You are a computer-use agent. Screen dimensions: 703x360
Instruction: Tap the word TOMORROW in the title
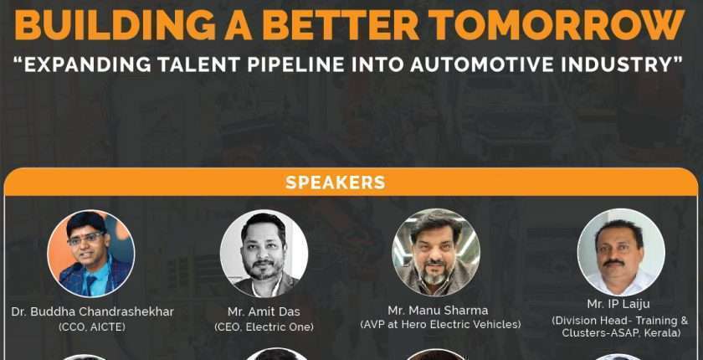569,24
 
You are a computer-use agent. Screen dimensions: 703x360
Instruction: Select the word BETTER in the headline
341,24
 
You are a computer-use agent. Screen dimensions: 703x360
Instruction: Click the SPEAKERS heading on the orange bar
336,183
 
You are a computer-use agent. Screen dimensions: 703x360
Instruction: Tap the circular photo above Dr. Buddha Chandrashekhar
91,254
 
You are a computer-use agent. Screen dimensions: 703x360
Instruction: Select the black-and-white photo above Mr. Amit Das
264,254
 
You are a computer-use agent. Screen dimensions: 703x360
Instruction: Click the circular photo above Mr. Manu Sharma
436,253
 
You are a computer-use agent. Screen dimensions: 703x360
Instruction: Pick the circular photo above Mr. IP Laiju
621,253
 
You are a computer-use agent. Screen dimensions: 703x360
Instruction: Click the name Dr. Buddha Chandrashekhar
92,312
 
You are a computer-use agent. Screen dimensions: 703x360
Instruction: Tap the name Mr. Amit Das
264,312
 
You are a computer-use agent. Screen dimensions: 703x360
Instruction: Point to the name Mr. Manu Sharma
438,311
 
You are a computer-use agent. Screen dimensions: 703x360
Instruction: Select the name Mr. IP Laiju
618,304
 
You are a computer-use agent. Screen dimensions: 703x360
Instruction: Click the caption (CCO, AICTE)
92,327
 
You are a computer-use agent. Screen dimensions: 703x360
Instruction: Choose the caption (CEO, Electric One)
264,327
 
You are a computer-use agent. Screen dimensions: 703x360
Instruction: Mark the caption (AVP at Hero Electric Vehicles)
441,324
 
